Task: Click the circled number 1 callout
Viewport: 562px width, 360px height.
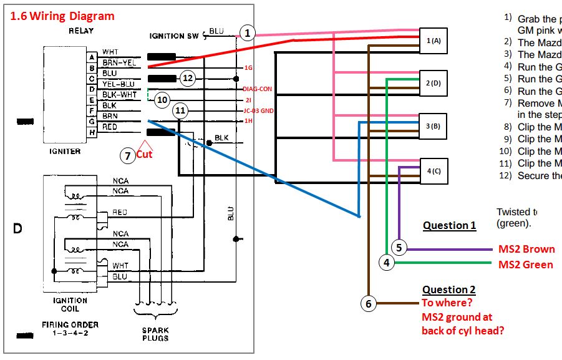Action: point(248,33)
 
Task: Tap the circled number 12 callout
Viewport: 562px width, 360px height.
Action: point(188,78)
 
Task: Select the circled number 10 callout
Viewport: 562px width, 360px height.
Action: point(162,99)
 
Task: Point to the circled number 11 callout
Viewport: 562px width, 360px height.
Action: point(181,111)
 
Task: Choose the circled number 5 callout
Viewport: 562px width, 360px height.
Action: point(399,248)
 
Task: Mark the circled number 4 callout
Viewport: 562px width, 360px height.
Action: point(387,263)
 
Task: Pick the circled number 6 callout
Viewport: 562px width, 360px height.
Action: point(368,304)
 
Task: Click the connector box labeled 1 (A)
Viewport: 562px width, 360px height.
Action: point(434,41)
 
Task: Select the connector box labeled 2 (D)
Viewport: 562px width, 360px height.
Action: point(434,83)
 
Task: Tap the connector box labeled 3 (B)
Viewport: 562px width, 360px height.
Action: point(434,126)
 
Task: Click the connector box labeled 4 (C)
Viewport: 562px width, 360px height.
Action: point(434,170)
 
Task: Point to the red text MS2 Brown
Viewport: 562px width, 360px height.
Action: point(526,249)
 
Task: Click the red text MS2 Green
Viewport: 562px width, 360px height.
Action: point(525,265)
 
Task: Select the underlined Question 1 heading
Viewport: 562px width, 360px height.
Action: point(449,225)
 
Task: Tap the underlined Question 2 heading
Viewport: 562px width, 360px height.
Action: point(449,289)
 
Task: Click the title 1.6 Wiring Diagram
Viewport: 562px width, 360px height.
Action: point(62,16)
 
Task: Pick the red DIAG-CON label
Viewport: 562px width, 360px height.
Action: point(258,89)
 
